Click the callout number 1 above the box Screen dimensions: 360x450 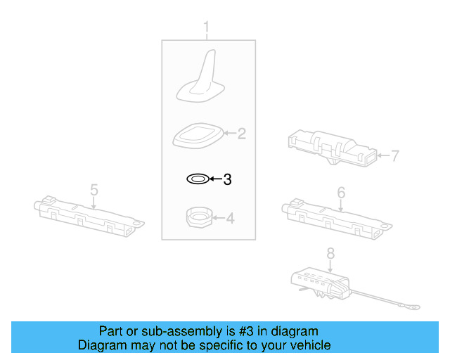[x=207, y=28]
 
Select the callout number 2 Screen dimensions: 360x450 [x=241, y=134]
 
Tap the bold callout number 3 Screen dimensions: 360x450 [x=227, y=180]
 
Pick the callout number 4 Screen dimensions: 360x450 [x=229, y=219]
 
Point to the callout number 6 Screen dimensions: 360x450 [x=341, y=192]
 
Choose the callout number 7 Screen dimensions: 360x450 [x=394, y=155]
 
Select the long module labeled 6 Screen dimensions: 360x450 [x=334, y=215]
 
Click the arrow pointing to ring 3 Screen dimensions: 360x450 [x=214, y=180]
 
